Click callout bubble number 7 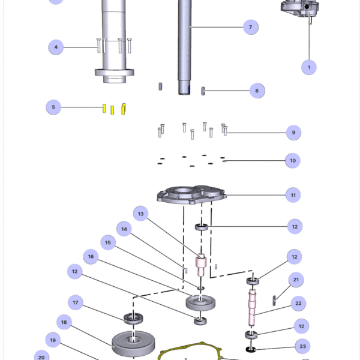coord(250,27)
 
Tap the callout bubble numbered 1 coord(309,67)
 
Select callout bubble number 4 coord(56,47)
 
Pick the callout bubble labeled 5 coord(53,107)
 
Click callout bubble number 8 coord(257,91)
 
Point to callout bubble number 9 coord(293,132)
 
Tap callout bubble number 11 coord(293,195)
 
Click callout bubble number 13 coord(141,214)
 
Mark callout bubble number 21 coord(296,280)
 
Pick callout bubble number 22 coord(298,304)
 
